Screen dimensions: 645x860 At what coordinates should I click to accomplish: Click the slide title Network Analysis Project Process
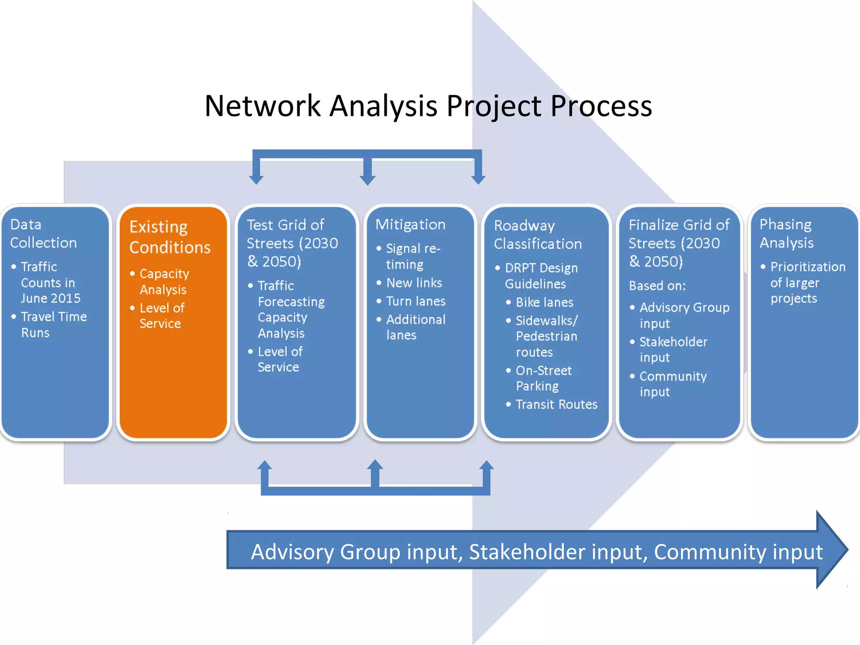pyautogui.click(x=428, y=106)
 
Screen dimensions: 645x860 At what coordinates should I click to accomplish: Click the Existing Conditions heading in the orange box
pyautogui.click(x=170, y=237)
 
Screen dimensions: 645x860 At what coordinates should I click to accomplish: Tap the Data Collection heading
pyautogui.click(x=43, y=233)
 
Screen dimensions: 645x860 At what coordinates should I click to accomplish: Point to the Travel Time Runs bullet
pyautogui.click(x=54, y=324)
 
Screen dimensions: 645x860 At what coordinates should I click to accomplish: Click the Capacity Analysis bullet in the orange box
pyautogui.click(x=164, y=281)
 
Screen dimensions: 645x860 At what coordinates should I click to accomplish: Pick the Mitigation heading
pyautogui.click(x=410, y=224)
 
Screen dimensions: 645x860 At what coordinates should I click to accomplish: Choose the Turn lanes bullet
pyautogui.click(x=415, y=301)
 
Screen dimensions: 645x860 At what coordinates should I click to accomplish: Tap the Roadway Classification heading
pyautogui.click(x=537, y=234)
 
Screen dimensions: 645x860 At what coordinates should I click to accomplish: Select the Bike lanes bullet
pyautogui.click(x=544, y=302)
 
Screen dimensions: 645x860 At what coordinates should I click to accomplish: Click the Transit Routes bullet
pyautogui.click(x=556, y=404)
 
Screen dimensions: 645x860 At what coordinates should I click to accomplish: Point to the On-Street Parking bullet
pyautogui.click(x=543, y=378)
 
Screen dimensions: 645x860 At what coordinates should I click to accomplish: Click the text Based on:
pyautogui.click(x=657, y=286)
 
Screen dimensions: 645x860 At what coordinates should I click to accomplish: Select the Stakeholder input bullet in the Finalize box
pyautogui.click(x=673, y=349)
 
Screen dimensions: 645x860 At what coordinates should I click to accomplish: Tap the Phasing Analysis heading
pyautogui.click(x=786, y=233)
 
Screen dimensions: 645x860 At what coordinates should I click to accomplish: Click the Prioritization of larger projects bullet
pyautogui.click(x=807, y=282)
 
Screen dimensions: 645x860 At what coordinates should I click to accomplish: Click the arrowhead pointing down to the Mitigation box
pyautogui.click(x=367, y=178)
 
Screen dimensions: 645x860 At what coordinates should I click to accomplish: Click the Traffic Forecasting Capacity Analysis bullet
pyautogui.click(x=291, y=309)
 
